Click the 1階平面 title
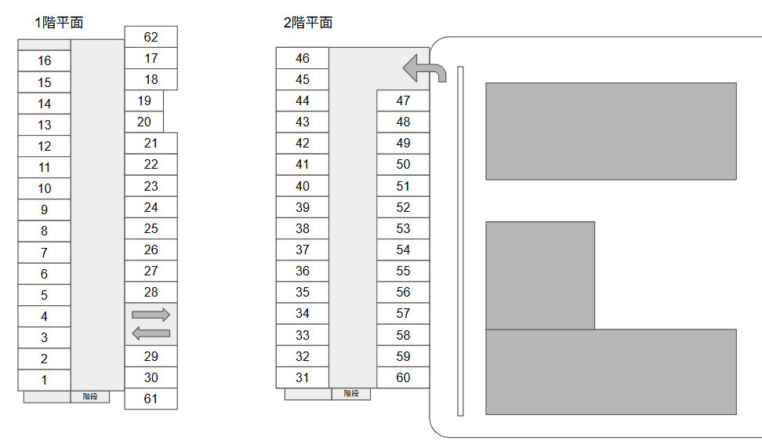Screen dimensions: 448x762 pyautogui.click(x=59, y=23)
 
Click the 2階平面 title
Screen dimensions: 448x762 pyautogui.click(x=308, y=23)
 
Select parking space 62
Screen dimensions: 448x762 pyautogui.click(x=151, y=37)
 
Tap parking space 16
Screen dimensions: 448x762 pyautogui.click(x=44, y=61)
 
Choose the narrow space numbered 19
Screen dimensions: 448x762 pyautogui.click(x=144, y=100)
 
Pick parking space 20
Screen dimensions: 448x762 pyautogui.click(x=144, y=122)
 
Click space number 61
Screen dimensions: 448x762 pyautogui.click(x=151, y=399)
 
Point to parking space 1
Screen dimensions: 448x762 pyautogui.click(x=44, y=380)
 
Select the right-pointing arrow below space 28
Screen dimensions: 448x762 pyautogui.click(x=151, y=315)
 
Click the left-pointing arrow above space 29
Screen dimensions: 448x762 pyautogui.click(x=151, y=333)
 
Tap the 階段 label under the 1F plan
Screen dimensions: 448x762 pyautogui.click(x=90, y=397)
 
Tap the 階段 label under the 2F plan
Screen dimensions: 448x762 pyautogui.click(x=350, y=394)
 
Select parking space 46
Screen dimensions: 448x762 pyautogui.click(x=303, y=58)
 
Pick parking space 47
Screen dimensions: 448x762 pyautogui.click(x=403, y=100)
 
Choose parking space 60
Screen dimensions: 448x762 pyautogui.click(x=403, y=377)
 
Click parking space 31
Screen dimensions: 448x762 pyautogui.click(x=303, y=377)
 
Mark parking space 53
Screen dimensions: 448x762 pyautogui.click(x=403, y=228)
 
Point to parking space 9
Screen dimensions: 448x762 pyautogui.click(x=44, y=209)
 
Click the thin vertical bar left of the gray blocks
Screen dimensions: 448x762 pyautogui.click(x=460, y=241)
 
